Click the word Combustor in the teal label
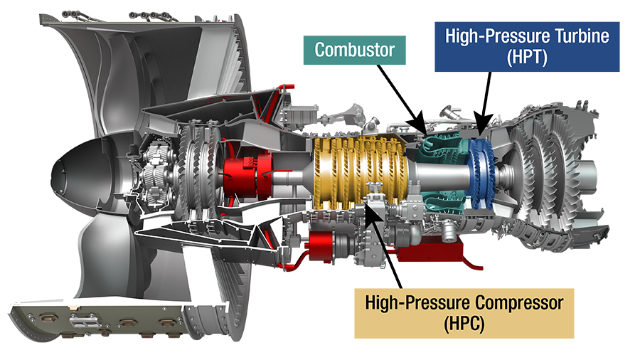[x=354, y=50]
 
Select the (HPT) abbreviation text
[x=527, y=57]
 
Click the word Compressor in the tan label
[x=519, y=302]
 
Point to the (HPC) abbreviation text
[x=464, y=324]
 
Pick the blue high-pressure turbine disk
[x=481, y=174]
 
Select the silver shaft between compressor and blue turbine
[x=440, y=176]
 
